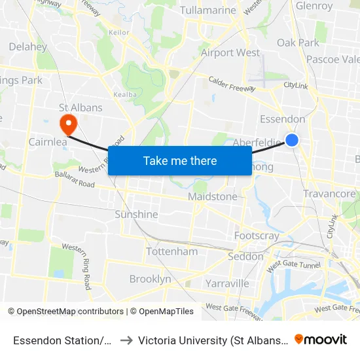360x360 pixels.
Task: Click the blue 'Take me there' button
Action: (180, 160)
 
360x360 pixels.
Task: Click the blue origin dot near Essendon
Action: (292, 140)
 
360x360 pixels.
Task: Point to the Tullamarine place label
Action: (207, 10)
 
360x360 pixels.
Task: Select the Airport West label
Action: (230, 52)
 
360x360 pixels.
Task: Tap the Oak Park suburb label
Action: (298, 43)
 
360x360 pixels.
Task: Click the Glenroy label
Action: (314, 6)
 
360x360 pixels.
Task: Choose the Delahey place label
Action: (28, 47)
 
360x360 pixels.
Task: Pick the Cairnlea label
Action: (46, 141)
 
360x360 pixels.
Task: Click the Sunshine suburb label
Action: (136, 214)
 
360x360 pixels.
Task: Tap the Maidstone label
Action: (213, 196)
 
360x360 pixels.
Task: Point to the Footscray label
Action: (257, 236)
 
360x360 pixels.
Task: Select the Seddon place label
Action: (245, 257)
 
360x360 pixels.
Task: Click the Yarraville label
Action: (227, 283)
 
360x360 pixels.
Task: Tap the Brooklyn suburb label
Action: (150, 279)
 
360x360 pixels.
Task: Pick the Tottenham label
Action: (172, 251)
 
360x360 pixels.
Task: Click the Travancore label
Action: (329, 194)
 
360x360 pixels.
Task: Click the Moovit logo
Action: (321, 339)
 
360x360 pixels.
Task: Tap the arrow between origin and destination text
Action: (126, 340)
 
